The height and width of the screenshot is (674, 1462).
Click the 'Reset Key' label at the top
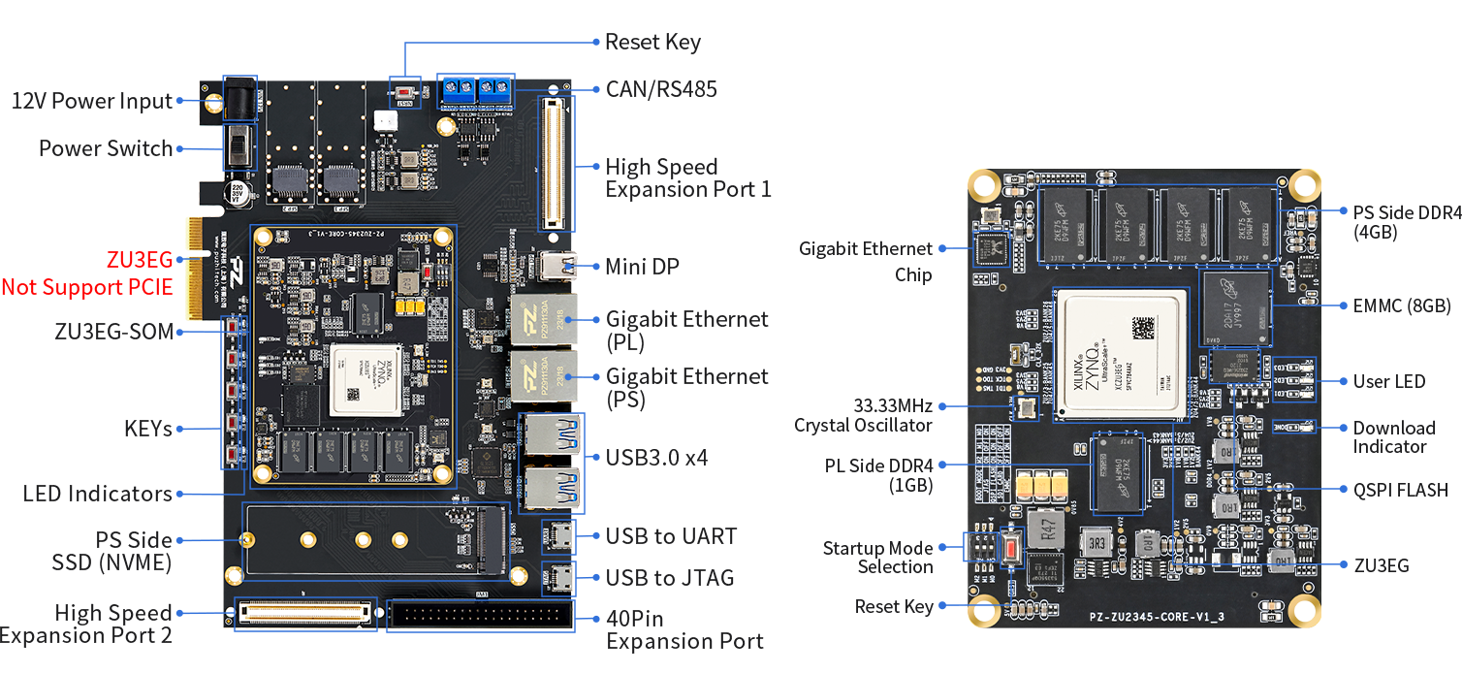click(652, 43)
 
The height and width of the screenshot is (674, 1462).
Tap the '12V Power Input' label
click(92, 101)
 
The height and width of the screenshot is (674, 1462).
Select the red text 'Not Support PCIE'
click(86, 286)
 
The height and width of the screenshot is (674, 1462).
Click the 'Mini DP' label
click(642, 266)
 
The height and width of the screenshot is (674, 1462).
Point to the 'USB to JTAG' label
click(670, 578)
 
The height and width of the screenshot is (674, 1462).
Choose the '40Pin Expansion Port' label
click(684, 629)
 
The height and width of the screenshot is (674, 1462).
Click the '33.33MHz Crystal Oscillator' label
click(865, 415)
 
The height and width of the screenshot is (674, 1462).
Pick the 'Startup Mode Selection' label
click(878, 558)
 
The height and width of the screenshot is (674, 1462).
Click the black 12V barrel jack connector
click(238, 100)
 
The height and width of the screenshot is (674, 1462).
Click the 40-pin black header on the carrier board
click(480, 616)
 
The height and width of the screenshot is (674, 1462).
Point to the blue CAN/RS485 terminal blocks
click(476, 91)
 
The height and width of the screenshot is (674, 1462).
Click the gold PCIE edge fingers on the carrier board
click(197, 267)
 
